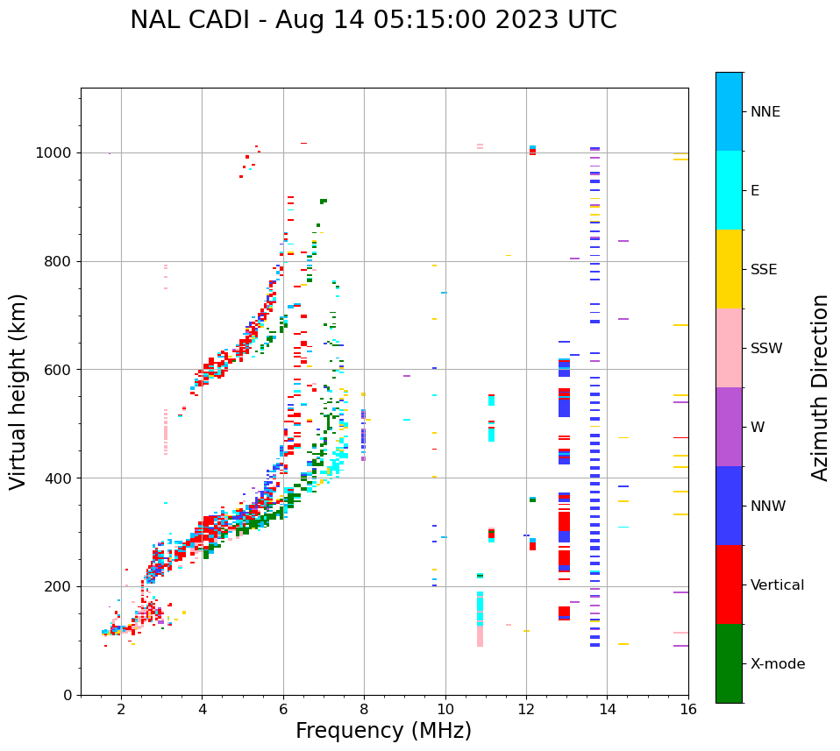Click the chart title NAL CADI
tap(373, 20)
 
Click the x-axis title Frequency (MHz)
tap(383, 731)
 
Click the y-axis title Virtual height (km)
tap(18, 391)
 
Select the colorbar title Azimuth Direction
tap(820, 387)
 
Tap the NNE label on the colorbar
tap(765, 112)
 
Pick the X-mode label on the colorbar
tap(778, 664)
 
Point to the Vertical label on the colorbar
tap(777, 585)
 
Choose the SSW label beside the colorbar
tap(766, 349)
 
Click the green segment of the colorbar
tap(729, 662)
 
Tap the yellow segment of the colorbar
tap(729, 268)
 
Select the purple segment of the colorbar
tap(729, 427)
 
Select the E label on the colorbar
tap(754, 191)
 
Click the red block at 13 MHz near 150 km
tap(564, 613)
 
